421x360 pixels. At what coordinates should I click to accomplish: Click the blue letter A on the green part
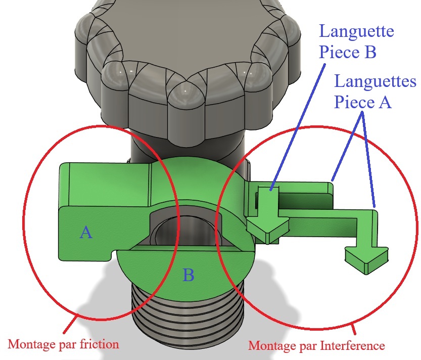tap(86, 232)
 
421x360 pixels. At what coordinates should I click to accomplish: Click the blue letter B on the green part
tap(189, 276)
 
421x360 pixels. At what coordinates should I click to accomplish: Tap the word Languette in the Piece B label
tap(356, 33)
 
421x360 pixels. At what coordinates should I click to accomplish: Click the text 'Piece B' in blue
tap(348, 52)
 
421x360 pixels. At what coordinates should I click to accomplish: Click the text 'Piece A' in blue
tap(363, 102)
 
